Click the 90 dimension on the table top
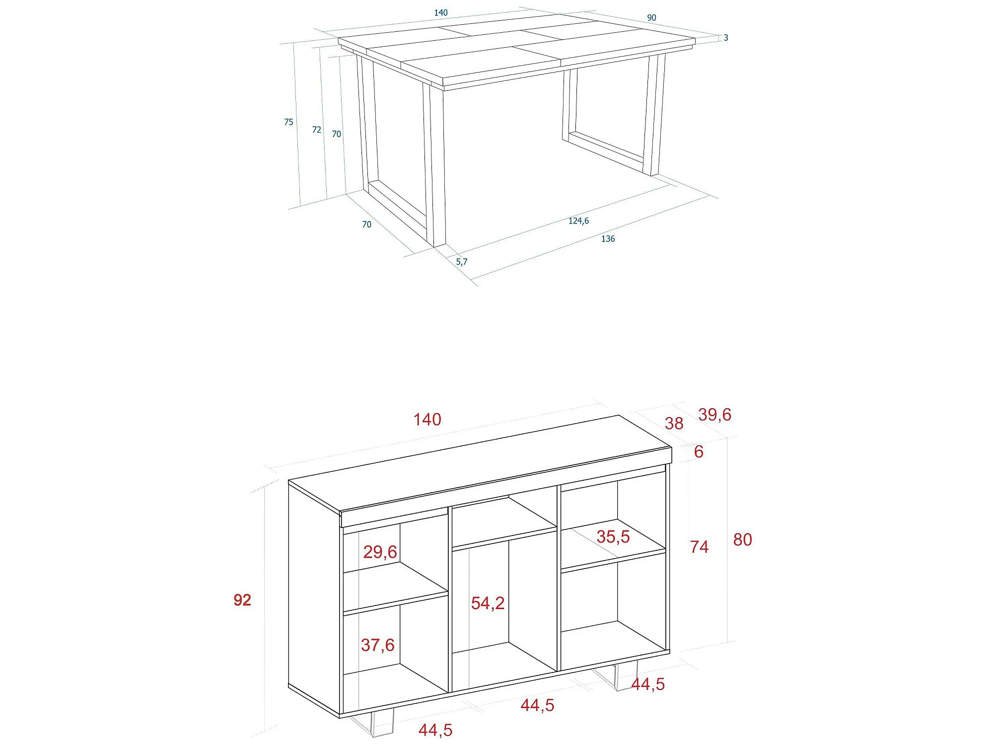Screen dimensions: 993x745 click(x=651, y=18)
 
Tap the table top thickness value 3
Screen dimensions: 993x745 click(x=726, y=38)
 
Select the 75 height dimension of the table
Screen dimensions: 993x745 click(x=288, y=122)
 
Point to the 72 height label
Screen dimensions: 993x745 click(x=317, y=130)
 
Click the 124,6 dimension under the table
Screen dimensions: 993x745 click(x=578, y=221)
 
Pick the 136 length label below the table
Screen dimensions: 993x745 click(x=608, y=239)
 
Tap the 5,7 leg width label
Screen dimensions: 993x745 click(x=462, y=262)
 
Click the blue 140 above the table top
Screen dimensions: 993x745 click(x=441, y=13)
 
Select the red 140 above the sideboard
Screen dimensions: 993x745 click(x=427, y=420)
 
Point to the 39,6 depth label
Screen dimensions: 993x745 click(x=715, y=415)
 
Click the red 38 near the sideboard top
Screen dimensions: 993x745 click(x=674, y=424)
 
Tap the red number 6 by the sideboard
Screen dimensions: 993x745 click(x=699, y=451)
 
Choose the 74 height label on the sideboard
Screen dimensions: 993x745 click(x=700, y=547)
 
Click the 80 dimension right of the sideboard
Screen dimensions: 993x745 click(x=743, y=540)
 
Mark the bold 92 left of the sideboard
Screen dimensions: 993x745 click(x=242, y=600)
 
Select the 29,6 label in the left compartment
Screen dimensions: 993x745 click(x=380, y=552)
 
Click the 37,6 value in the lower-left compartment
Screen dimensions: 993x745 click(x=378, y=645)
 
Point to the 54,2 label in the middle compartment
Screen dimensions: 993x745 click(x=488, y=603)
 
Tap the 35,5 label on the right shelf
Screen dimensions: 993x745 click(x=613, y=537)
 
